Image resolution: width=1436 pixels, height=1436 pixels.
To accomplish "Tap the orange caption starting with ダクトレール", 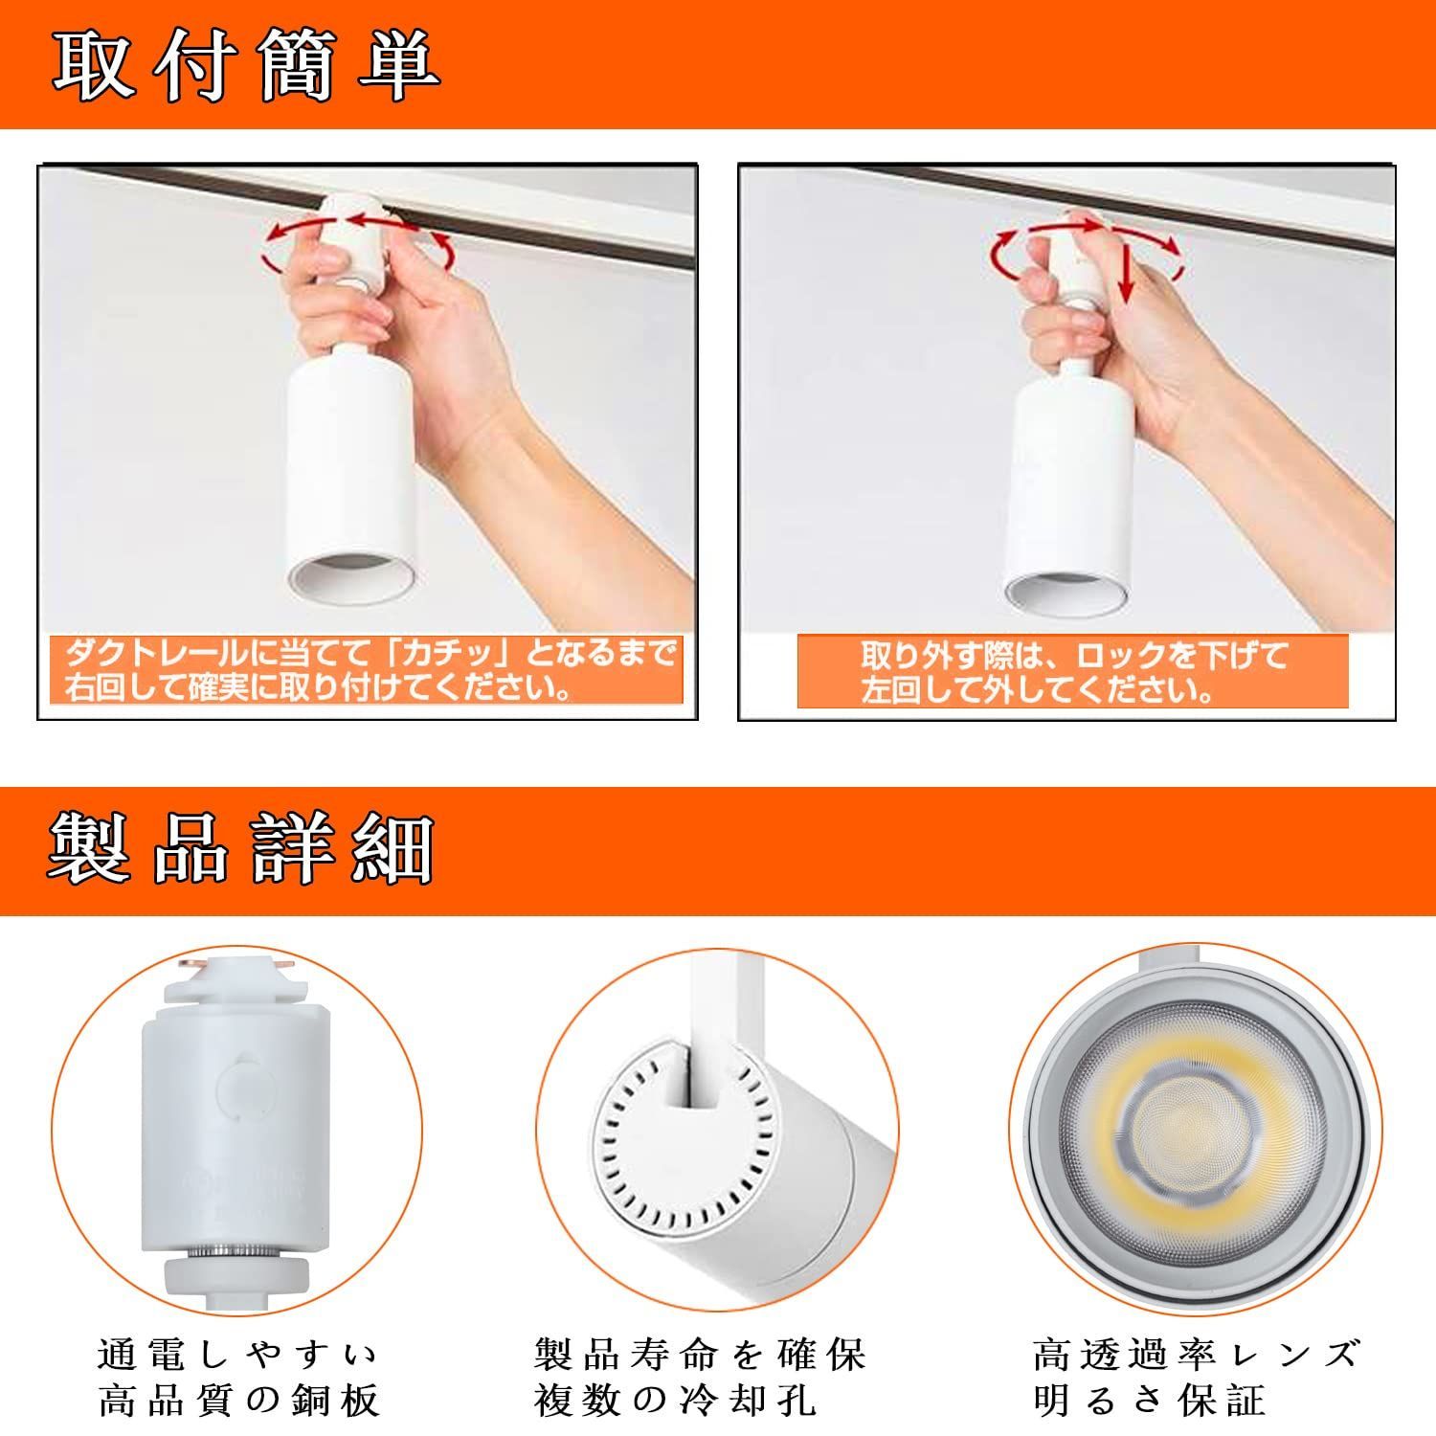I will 370,671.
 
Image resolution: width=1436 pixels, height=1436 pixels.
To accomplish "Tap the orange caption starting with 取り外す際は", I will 1073,672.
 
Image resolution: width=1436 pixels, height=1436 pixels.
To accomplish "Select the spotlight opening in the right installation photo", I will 1064,595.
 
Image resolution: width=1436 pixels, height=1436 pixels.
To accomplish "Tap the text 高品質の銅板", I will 239,1401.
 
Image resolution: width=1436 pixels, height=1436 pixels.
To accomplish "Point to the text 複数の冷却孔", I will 676,1401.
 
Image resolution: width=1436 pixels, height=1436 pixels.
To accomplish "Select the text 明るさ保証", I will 1150,1401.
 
